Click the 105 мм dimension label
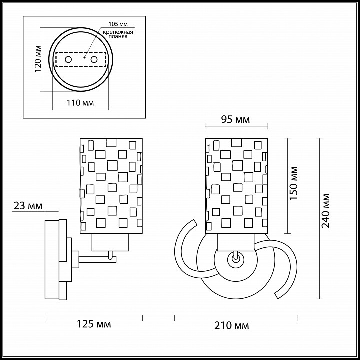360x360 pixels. click(118, 24)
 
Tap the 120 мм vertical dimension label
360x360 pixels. click(38, 59)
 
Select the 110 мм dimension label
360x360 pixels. click(80, 103)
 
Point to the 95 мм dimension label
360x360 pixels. click(235, 119)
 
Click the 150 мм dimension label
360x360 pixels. click(293, 183)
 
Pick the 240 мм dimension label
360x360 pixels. click(325, 211)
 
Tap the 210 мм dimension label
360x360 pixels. click(231, 325)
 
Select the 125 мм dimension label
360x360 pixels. click(93, 324)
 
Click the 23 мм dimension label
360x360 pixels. click(28, 206)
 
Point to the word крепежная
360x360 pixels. click(118, 32)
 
